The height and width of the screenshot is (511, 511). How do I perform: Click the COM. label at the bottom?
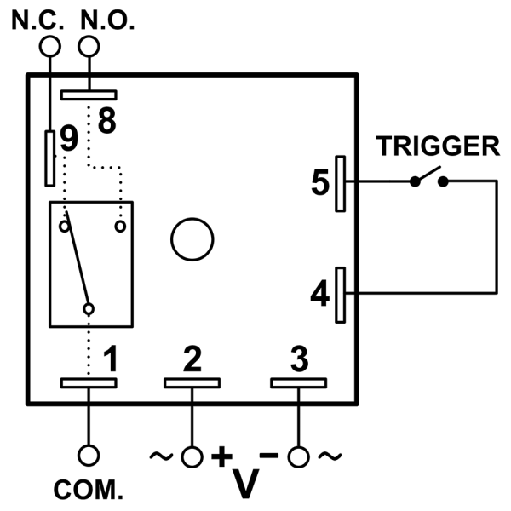pos(89,491)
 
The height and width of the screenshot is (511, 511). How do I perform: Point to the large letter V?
pos(247,481)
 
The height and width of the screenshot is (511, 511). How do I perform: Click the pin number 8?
pos(106,121)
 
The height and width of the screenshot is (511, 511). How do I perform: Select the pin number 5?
pos(319,183)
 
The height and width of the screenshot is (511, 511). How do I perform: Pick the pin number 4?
pos(319,294)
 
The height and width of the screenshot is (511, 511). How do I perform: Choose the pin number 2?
pos(192,359)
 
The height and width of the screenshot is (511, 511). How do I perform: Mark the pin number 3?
pos(298,359)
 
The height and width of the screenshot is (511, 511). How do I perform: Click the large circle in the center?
pos(192,239)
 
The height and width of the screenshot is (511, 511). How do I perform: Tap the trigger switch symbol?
pos(429,179)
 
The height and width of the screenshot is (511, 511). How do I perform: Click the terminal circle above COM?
pos(89,456)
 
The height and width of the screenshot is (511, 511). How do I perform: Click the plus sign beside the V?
pos(221,456)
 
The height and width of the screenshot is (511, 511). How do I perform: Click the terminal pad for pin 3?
pos(298,382)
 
